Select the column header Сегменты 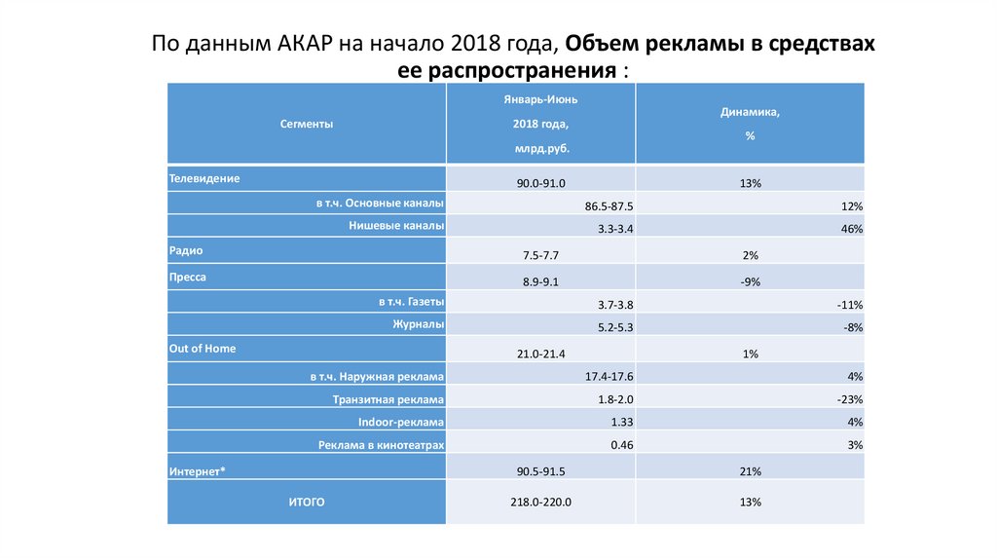(x=307, y=125)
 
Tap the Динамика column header (x=750, y=113)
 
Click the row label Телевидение (x=204, y=179)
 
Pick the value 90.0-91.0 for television (x=541, y=183)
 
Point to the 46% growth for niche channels (x=853, y=229)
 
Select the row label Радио (x=186, y=250)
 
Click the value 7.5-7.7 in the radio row (x=541, y=255)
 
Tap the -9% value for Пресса (x=750, y=281)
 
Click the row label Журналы (x=420, y=324)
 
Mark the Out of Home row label (x=203, y=348)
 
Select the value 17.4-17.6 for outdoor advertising (x=609, y=376)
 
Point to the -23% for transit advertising (x=850, y=399)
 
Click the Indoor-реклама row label (x=401, y=423)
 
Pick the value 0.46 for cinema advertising (x=622, y=445)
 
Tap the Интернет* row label (x=198, y=471)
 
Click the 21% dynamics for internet (x=750, y=471)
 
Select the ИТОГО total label (x=306, y=502)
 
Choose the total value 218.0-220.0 (x=541, y=503)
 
